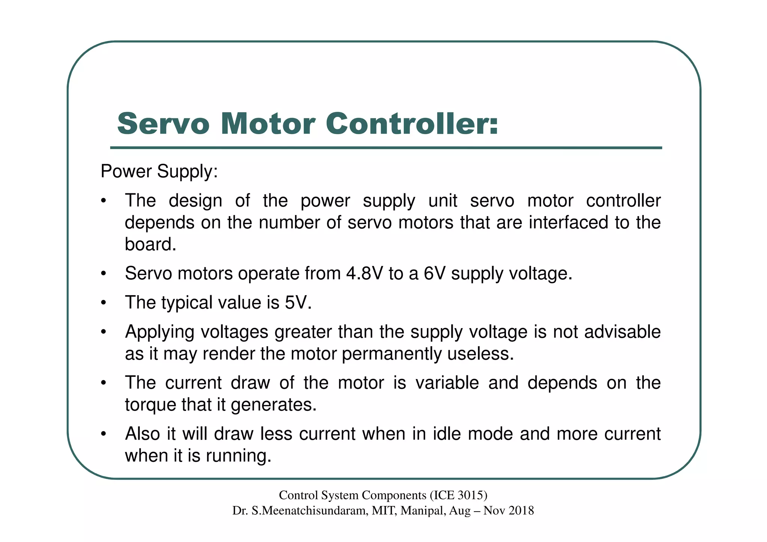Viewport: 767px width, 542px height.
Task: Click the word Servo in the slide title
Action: click(x=163, y=124)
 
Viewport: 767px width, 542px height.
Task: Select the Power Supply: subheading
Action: click(x=159, y=172)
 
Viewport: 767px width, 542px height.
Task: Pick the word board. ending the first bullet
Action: click(x=151, y=245)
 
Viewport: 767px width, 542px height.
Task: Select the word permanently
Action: click(x=392, y=354)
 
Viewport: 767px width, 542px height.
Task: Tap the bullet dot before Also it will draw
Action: click(x=104, y=434)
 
